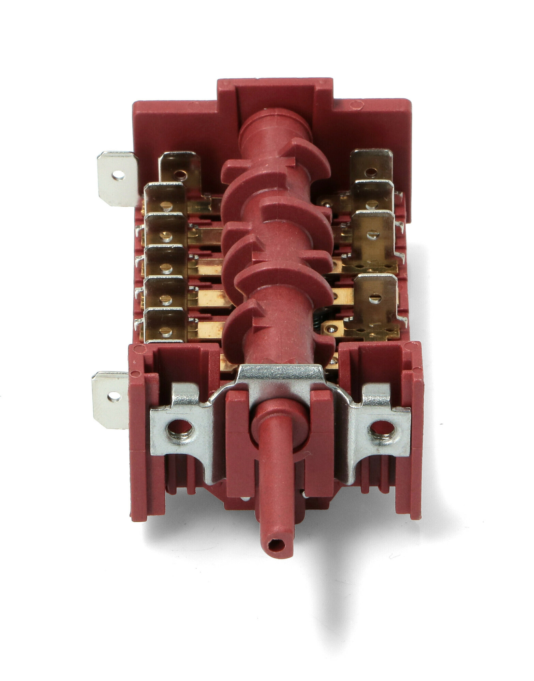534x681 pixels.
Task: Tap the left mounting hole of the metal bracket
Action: [x=179, y=428]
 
